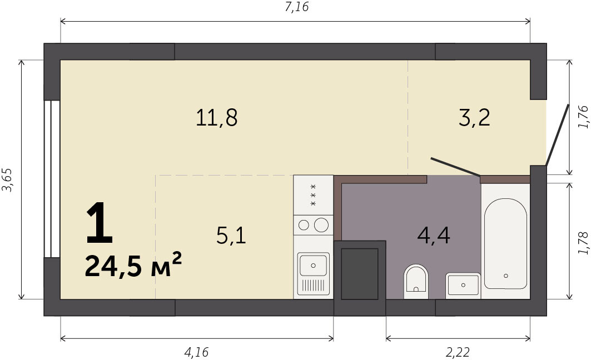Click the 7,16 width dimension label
coord(296,7)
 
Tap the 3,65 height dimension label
coord(7,179)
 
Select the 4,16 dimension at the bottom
coord(196,352)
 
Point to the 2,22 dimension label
coord(458,352)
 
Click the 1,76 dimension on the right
coord(583,117)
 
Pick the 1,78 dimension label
coord(583,243)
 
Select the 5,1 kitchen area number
coord(231,236)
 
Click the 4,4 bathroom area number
coord(434,236)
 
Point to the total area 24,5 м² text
coord(133,265)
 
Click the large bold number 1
coord(100,223)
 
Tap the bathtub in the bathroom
coord(505,244)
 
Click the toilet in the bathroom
coord(416,281)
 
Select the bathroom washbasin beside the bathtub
coord(463,286)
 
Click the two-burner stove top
coord(313,225)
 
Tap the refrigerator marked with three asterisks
coord(313,195)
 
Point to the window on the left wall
coord(52,179)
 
